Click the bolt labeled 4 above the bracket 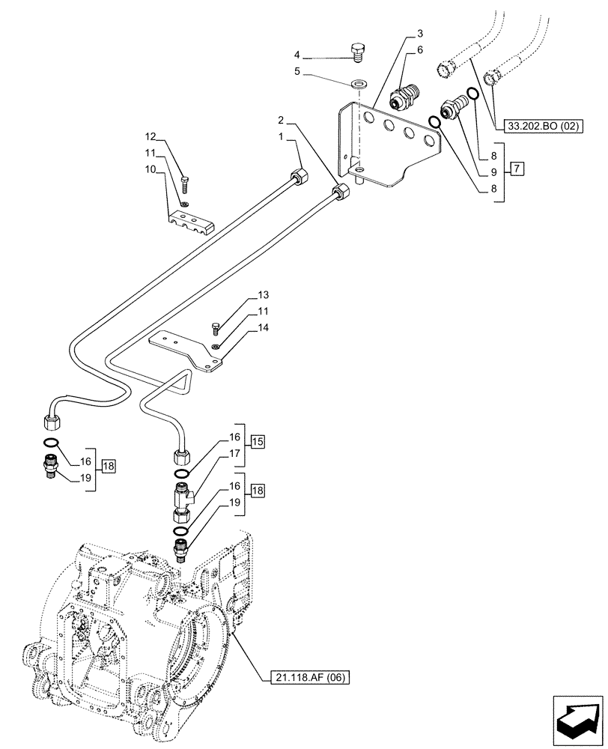[357, 52]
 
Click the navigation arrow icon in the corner [577, 720]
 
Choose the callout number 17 [234, 454]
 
